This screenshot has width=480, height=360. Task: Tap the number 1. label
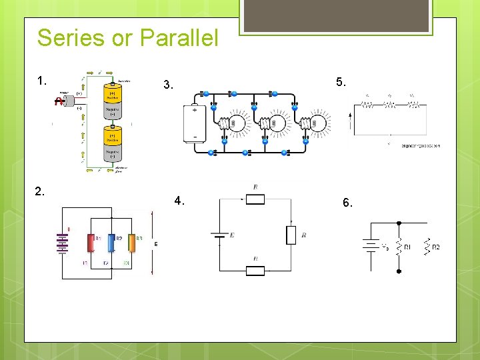pyautogui.click(x=42, y=81)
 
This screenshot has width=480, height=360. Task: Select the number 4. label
pyautogui.click(x=179, y=200)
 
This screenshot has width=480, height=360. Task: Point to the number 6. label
pyautogui.click(x=347, y=203)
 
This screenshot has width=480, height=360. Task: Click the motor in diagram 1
pyautogui.click(x=59, y=101)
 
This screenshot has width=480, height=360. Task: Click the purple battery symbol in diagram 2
pyautogui.click(x=63, y=243)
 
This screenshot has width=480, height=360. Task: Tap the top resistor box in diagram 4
pyautogui.click(x=255, y=199)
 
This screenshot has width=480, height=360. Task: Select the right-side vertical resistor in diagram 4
pyautogui.click(x=290, y=235)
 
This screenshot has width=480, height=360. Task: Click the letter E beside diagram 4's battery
pyautogui.click(x=232, y=235)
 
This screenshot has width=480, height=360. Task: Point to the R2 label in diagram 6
pyautogui.click(x=435, y=247)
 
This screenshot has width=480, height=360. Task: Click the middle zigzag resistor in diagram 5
pyautogui.click(x=389, y=104)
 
